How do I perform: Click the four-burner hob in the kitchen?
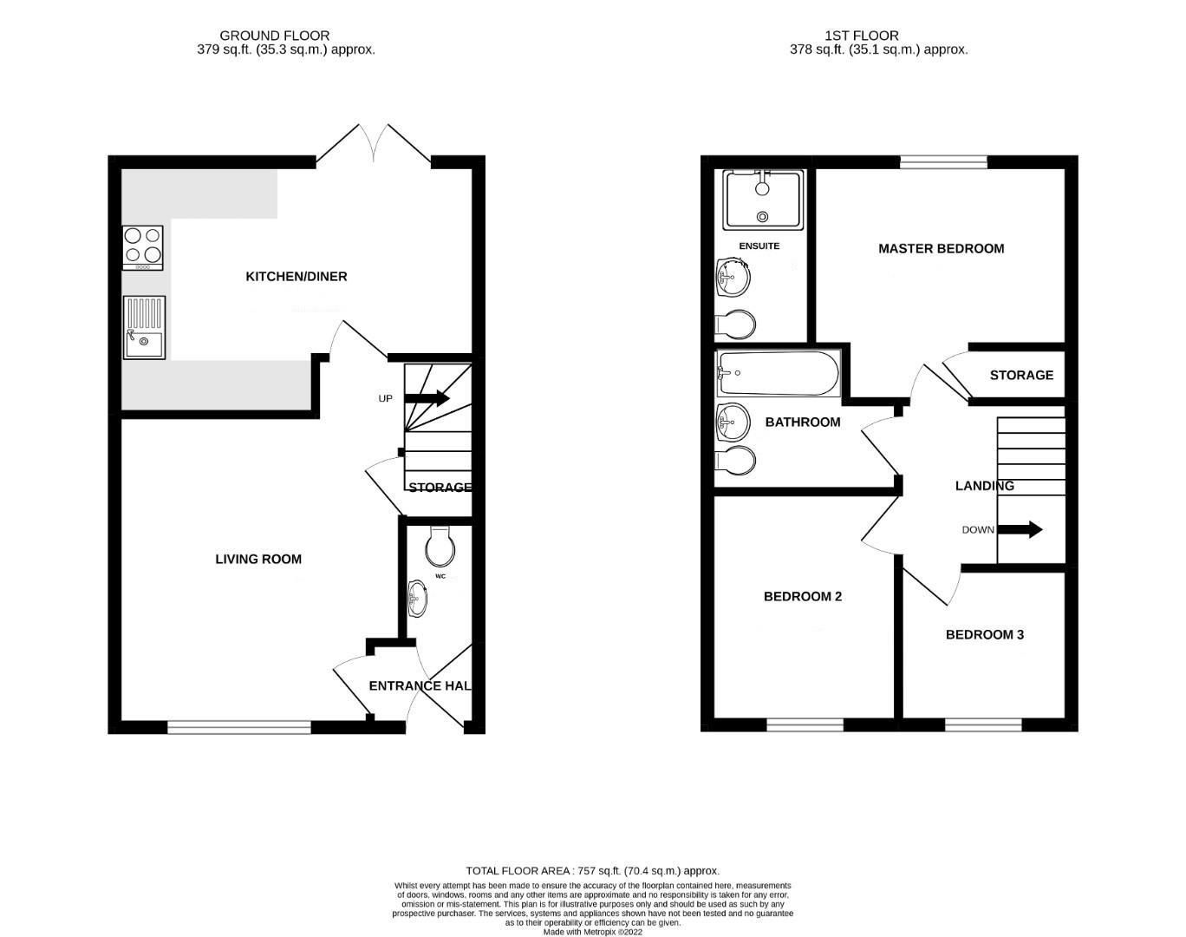point(143,246)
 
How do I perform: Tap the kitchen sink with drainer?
point(144,328)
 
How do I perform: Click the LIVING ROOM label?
point(258,560)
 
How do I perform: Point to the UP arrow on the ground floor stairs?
point(427,399)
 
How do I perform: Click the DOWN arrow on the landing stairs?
point(1022,530)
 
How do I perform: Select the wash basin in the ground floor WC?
point(417,599)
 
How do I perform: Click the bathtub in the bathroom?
point(778,374)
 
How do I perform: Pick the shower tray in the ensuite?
point(763,200)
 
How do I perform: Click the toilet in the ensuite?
point(735,325)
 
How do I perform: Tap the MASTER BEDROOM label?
point(941,249)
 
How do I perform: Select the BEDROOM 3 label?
point(984,635)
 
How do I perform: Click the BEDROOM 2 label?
point(802,597)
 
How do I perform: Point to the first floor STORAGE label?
point(1021,376)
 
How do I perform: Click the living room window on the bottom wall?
point(238,727)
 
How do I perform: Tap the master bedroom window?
point(943,161)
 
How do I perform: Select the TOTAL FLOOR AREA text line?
point(592,870)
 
